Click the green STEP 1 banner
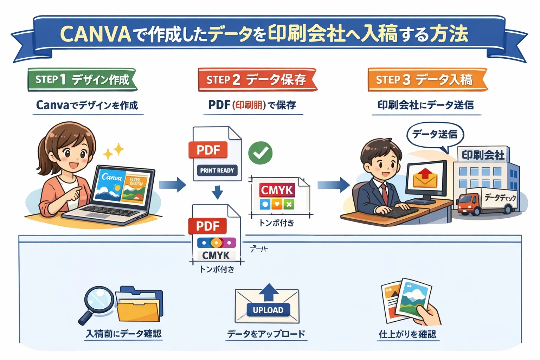click(x=82, y=80)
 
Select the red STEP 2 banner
click(x=256, y=80)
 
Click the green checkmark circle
click(x=260, y=153)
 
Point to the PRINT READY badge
click(x=217, y=171)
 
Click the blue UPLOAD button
click(x=268, y=310)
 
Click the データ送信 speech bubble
click(x=435, y=135)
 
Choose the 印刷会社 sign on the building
click(x=483, y=155)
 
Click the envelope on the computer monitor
click(x=425, y=178)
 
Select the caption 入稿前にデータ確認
click(x=123, y=334)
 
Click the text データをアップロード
click(x=266, y=334)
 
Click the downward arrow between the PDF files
click(x=218, y=192)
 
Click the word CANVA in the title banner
click(x=96, y=34)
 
